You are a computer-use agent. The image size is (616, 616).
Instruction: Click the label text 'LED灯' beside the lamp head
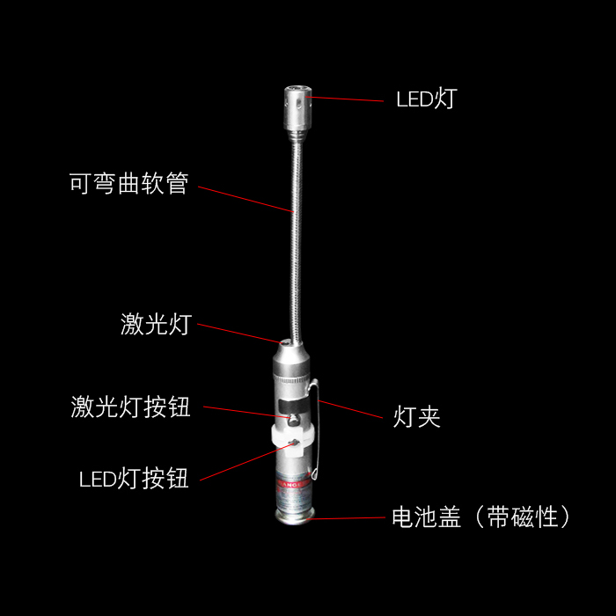[x=426, y=99]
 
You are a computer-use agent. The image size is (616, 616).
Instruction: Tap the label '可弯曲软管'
[x=128, y=183]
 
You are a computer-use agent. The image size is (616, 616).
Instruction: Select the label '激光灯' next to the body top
[x=156, y=324]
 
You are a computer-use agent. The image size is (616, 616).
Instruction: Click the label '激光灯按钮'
[x=131, y=407]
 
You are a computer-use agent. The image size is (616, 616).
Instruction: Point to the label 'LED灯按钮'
[x=134, y=479]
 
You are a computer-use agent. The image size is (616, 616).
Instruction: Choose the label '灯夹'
[x=416, y=417]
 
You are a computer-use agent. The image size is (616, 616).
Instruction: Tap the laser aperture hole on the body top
[x=283, y=342]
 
